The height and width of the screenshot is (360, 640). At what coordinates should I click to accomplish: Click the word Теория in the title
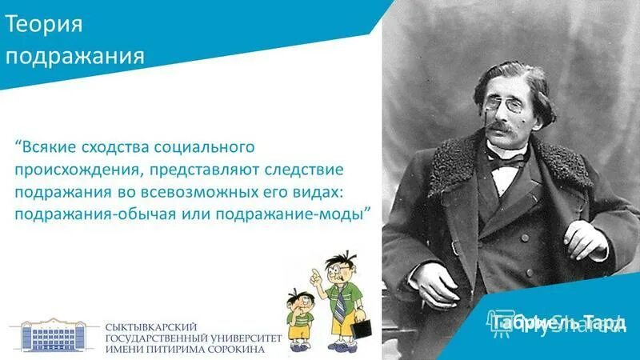(45, 26)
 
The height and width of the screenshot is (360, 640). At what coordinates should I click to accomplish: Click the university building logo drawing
(54, 337)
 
